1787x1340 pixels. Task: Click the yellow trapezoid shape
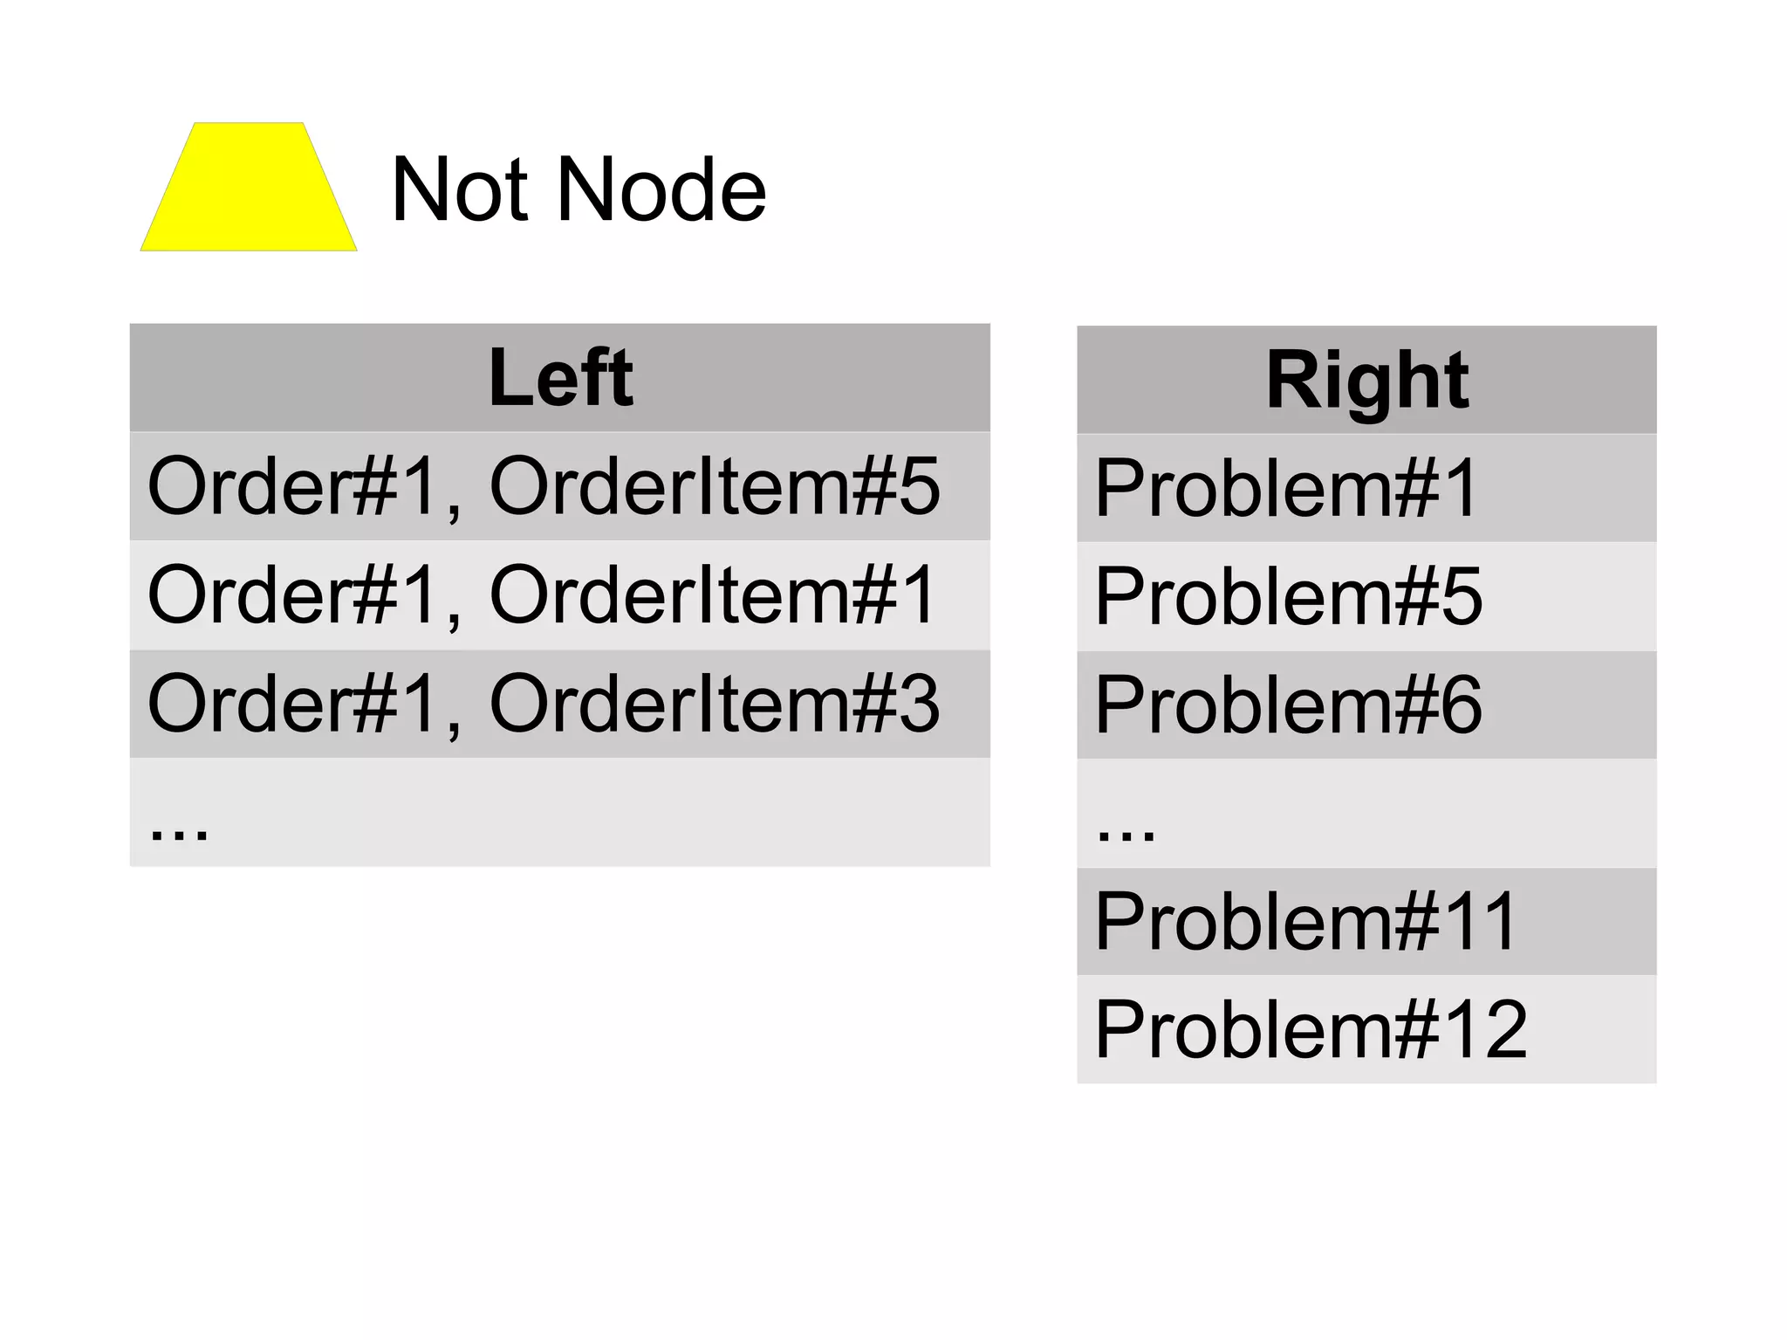(249, 188)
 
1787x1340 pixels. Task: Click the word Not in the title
(459, 189)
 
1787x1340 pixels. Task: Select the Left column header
(560, 377)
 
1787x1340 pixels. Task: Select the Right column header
(1366, 381)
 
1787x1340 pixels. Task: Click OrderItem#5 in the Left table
(715, 486)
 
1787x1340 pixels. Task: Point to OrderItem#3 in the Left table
(715, 704)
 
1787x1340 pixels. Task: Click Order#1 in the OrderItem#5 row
(293, 486)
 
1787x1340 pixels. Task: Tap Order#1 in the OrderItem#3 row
(293, 704)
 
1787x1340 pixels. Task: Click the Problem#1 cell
(1286, 488)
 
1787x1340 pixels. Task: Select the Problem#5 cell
(1288, 596)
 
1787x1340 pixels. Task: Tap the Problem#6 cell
(1288, 705)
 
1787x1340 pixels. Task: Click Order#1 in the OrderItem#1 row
(293, 595)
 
